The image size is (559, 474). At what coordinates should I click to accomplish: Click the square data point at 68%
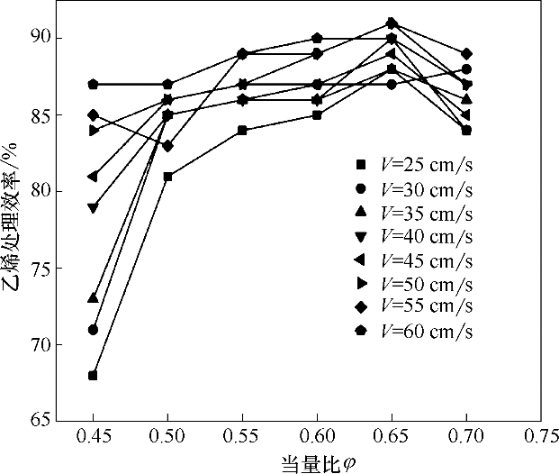[x=93, y=375]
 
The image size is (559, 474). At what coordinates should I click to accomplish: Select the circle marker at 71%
[x=93, y=330]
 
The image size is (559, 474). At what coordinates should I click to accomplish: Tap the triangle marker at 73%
[x=93, y=298]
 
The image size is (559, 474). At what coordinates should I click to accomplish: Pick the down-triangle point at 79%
[x=93, y=207]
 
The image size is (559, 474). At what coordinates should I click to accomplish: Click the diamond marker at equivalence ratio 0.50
[x=167, y=146]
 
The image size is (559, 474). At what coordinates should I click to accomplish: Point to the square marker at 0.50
[x=167, y=177]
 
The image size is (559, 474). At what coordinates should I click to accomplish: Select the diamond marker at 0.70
[x=466, y=54]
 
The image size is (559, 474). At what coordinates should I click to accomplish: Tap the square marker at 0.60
[x=317, y=115]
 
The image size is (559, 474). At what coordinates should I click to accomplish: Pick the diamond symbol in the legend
[x=360, y=308]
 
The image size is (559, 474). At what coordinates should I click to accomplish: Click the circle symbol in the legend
[x=360, y=190]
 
